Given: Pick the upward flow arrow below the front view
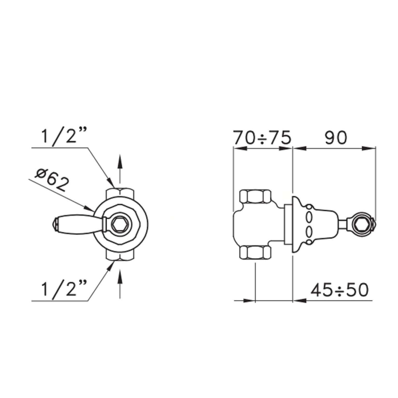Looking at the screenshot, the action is [120, 284].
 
